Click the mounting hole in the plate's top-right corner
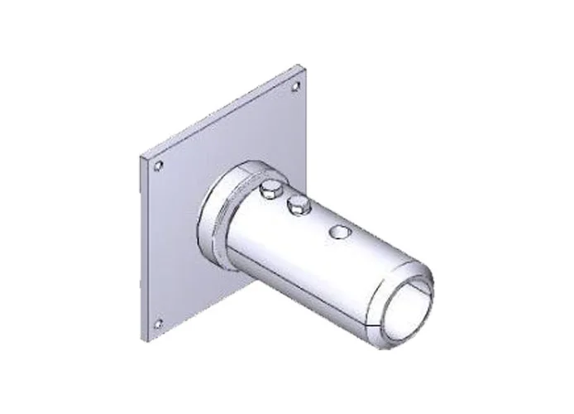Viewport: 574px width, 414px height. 295,85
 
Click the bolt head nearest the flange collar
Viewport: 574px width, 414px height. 269,192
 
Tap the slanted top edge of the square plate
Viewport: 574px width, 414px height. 223,112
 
